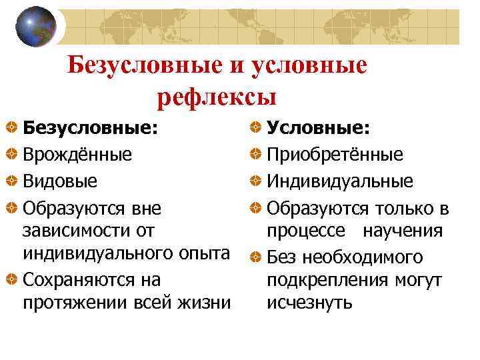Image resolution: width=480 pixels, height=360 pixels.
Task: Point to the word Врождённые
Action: point(77,155)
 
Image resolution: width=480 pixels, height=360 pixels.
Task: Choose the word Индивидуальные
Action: point(340,181)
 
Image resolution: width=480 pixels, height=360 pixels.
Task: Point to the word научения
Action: point(403,231)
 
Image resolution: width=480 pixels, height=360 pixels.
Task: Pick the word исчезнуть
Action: point(309,303)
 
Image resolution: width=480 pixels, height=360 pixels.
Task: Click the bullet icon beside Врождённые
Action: point(12,155)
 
